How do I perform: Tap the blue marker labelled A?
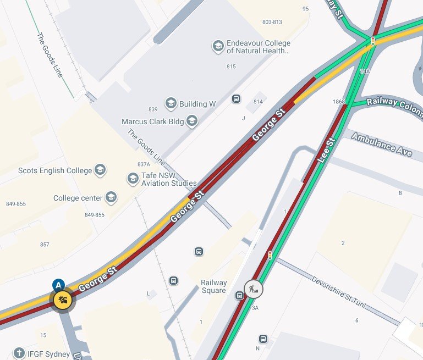[58, 285]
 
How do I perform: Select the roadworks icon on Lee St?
[254, 289]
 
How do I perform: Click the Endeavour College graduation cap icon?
[218, 47]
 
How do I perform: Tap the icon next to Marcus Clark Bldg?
[191, 121]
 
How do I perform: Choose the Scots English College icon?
[100, 170]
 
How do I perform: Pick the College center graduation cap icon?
[111, 198]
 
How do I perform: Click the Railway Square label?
[213, 287]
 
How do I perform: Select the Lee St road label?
[326, 149]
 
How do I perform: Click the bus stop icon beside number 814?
[236, 99]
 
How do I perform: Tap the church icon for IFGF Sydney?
[19, 353]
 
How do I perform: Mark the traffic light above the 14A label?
[372, 42]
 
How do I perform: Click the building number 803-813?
[272, 22]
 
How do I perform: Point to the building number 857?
[45, 245]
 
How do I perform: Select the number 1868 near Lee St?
[338, 102]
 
